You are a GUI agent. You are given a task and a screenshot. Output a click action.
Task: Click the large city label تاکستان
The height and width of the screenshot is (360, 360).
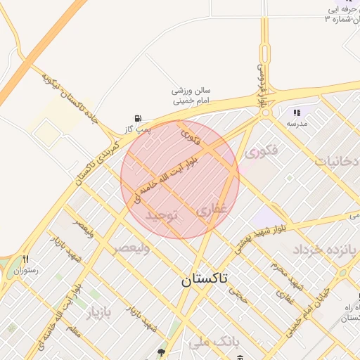coord(205,279)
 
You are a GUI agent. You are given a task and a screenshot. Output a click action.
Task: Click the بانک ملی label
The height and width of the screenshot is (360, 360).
coord(210,342)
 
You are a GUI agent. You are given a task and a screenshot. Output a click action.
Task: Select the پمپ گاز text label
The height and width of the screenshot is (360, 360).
coord(134,129)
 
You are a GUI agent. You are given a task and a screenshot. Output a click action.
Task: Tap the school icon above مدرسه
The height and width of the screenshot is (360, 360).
coord(297,112)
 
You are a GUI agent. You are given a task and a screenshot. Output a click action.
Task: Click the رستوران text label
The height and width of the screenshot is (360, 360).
coord(25,269)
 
